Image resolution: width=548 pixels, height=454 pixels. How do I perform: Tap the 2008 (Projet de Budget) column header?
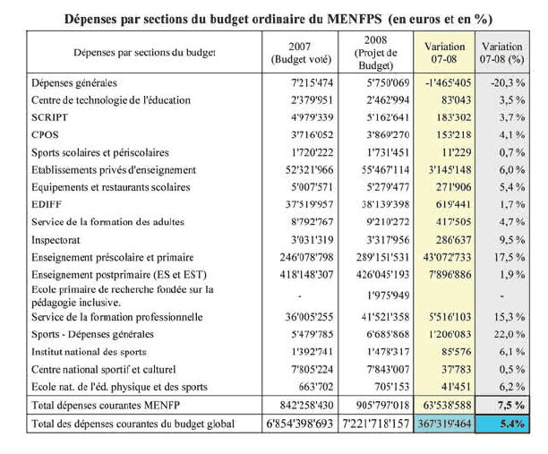pyautogui.click(x=375, y=52)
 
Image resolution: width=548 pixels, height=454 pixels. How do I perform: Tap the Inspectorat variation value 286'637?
pyautogui.click(x=448, y=240)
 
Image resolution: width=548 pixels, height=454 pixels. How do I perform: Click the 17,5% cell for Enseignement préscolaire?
pyautogui.click(x=507, y=257)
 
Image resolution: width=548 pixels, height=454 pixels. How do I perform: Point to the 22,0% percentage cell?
pyautogui.click(x=507, y=334)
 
